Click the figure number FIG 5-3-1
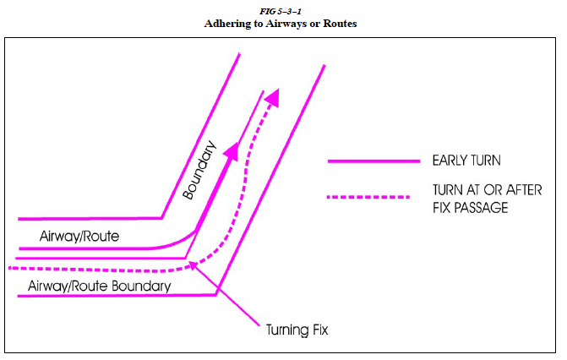281,12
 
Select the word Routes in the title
340,24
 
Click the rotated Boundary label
199,170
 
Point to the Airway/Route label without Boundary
79,237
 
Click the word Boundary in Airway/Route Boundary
140,286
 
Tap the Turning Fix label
297,330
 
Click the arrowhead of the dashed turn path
272,98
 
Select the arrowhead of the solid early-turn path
231,151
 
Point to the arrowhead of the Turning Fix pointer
194,265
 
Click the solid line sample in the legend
373,161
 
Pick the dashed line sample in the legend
368,197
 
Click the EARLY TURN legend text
466,161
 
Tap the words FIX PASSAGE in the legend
470,208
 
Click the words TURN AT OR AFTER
487,190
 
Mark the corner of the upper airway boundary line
161,218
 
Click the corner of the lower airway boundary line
216,295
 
